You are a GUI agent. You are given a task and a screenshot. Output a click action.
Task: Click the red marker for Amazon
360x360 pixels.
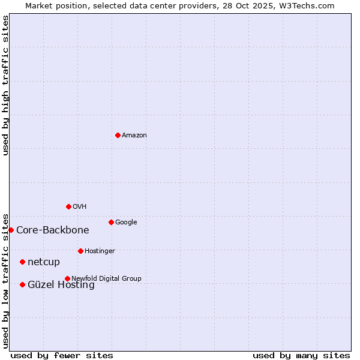pos(118,135)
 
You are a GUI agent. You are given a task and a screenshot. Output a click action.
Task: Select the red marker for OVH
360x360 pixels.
pos(68,206)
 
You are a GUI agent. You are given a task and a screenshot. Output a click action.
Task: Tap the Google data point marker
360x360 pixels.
pos(111,222)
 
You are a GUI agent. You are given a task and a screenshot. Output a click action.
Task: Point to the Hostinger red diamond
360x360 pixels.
pos(80,251)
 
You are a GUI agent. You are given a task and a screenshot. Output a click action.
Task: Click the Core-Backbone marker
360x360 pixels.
pos(11,230)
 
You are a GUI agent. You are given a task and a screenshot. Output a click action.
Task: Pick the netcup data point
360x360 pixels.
pos(22,262)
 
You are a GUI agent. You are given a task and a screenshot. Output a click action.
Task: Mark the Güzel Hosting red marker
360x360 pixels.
pos(22,284)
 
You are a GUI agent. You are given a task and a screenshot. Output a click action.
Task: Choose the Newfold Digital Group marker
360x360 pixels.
pos(67,278)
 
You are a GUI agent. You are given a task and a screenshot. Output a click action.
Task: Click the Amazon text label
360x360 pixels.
pos(134,136)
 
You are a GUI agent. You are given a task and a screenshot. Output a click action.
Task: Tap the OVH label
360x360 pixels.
pos(80,207)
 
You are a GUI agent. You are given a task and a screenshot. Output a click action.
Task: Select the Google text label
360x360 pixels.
pos(126,223)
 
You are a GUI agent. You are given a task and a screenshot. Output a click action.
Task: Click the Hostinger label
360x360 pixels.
pos(100,251)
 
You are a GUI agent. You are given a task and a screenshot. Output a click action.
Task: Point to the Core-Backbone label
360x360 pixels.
pos(53,230)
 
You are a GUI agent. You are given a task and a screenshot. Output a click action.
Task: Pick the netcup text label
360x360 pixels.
pos(44,262)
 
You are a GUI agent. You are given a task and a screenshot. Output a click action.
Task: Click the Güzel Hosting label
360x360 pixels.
pos(61,286)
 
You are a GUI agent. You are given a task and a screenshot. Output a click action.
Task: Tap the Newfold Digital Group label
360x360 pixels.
pos(106,278)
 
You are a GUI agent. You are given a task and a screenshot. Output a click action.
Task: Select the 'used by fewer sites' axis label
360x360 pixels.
pos(62,355)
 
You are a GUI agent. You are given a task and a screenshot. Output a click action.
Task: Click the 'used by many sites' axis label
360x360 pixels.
pos(301,355)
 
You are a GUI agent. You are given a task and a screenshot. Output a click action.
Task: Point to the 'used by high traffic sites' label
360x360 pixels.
pos(6,85)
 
